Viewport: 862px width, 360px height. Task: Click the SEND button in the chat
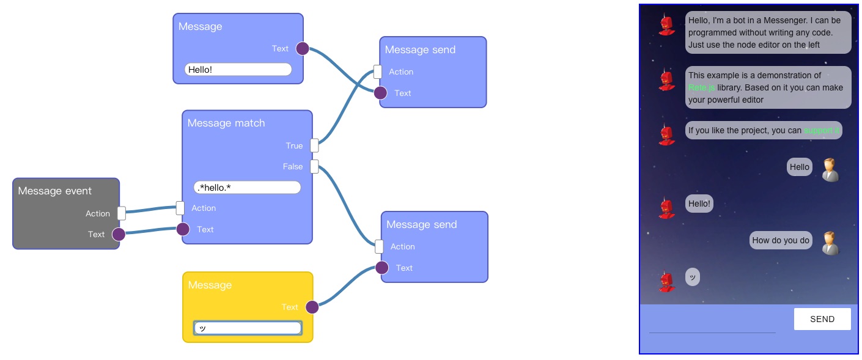pyautogui.click(x=822, y=319)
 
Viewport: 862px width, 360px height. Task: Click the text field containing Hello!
pyautogui.click(x=238, y=70)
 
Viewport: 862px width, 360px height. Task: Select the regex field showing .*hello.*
pyautogui.click(x=247, y=187)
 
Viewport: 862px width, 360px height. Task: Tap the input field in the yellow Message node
pyautogui.click(x=248, y=328)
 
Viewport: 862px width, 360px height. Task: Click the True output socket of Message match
pyautogui.click(x=314, y=145)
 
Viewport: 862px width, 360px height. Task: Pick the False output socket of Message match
pyautogui.click(x=314, y=166)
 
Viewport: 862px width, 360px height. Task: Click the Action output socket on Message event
pyautogui.click(x=121, y=213)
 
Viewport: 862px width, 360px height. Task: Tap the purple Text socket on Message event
pyautogui.click(x=119, y=234)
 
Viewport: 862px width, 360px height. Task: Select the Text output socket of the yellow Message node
pyautogui.click(x=312, y=307)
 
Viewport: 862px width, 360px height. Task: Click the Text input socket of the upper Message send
pyautogui.click(x=380, y=93)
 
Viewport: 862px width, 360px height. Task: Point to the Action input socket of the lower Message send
pyautogui.click(x=379, y=246)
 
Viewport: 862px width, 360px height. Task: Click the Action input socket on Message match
pyautogui.click(x=180, y=208)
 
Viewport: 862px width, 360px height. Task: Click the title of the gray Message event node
pyautogui.click(x=54, y=191)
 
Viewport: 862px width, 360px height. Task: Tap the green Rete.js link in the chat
pyautogui.click(x=701, y=87)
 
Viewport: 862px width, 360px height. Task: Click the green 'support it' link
pyautogui.click(x=822, y=130)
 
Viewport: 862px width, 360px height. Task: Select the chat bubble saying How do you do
pyautogui.click(x=780, y=240)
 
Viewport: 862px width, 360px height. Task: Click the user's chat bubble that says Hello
pyautogui.click(x=799, y=167)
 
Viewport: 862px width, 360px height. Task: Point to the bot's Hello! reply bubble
pyautogui.click(x=699, y=204)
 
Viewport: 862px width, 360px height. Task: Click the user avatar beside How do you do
pyautogui.click(x=830, y=243)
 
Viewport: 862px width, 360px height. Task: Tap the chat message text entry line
pyautogui.click(x=712, y=327)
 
